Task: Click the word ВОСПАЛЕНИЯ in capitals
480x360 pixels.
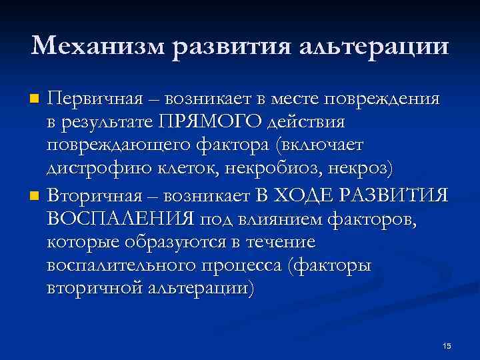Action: click(119, 220)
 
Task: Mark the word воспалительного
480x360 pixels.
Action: click(121, 267)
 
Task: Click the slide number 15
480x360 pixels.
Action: click(447, 345)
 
